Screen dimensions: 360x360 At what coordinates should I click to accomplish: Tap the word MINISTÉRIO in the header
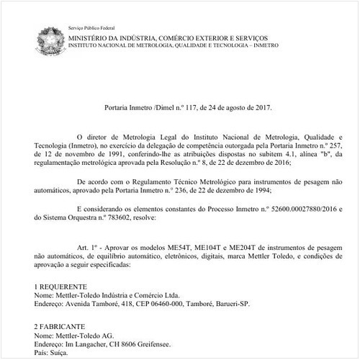tap(94, 36)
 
